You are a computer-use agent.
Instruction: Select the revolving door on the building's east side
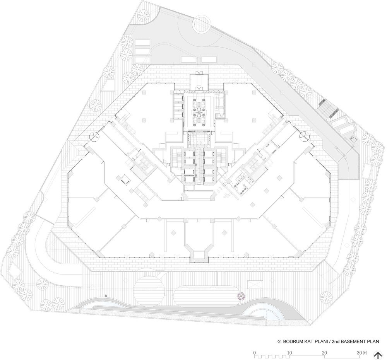click(304, 136)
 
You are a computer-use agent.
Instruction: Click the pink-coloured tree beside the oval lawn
click(241, 295)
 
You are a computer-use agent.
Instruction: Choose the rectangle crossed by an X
click(255, 285)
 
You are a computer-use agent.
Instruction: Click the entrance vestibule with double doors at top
click(199, 81)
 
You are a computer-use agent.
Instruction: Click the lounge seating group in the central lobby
click(199, 111)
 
